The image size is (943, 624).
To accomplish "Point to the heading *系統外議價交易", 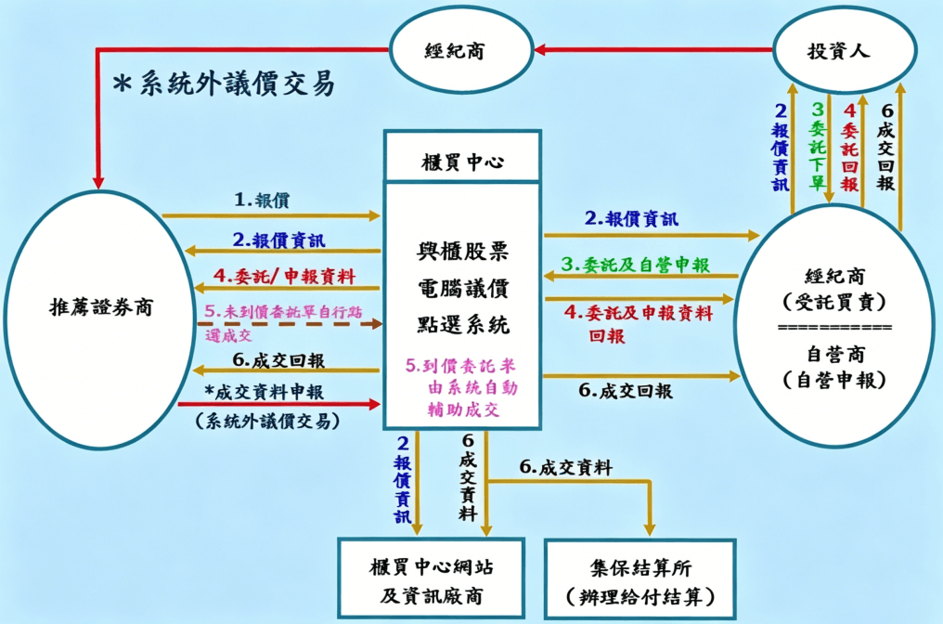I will [223, 84].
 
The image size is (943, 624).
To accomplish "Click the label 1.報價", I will [263, 200].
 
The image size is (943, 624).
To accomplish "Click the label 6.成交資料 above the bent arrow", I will [565, 468].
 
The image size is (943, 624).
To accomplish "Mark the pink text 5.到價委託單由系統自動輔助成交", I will [461, 386].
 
